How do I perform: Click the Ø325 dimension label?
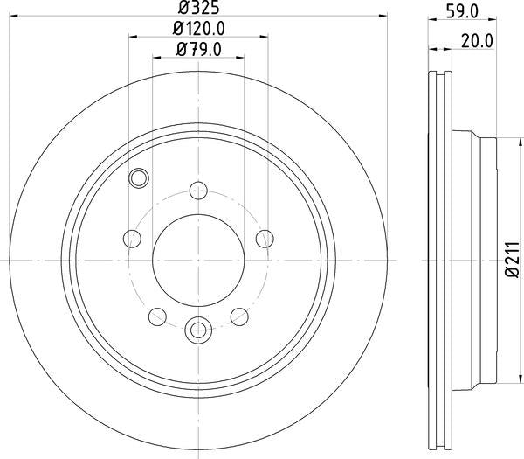pos(199,10)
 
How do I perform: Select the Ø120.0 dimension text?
pos(199,30)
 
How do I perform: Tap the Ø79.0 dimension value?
pos(199,49)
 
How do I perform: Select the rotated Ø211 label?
pos(510,260)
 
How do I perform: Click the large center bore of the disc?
pos(198,260)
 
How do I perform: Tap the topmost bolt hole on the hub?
pos(198,190)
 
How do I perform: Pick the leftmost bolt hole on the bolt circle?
pos(132,238)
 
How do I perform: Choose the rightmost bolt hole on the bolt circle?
pos(265,238)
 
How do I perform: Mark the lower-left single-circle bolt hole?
pos(157,316)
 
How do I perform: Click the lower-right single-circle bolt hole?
pos(239,316)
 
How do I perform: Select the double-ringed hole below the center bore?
pos(198,330)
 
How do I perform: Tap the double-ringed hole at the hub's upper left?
pos(137,179)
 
